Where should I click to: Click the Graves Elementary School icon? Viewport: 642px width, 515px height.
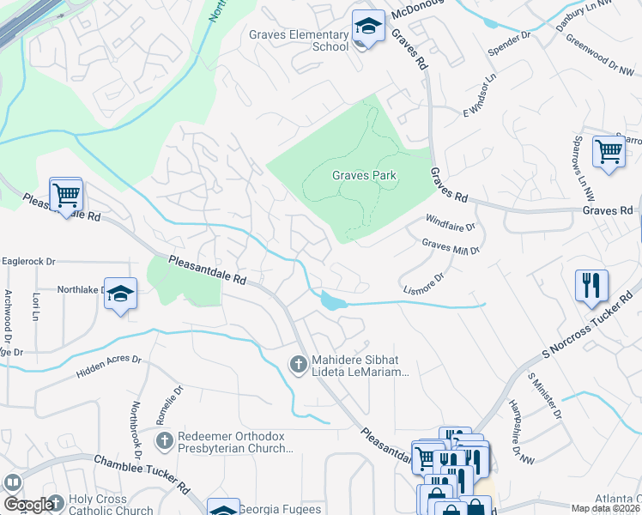368,29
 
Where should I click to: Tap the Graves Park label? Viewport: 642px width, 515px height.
365,175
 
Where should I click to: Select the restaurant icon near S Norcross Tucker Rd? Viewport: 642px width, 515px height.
591,286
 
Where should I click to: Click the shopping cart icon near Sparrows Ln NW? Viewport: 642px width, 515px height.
609,151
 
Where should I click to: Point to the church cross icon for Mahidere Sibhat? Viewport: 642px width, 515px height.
298,366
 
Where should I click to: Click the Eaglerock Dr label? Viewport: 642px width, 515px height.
28,261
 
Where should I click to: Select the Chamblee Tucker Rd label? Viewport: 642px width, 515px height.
141,473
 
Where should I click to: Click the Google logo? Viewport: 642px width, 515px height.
29,505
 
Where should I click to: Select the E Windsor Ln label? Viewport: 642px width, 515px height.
481,96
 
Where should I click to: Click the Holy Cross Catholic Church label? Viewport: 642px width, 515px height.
112,505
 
